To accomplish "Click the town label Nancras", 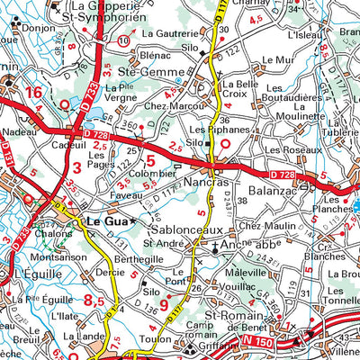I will [x=215, y=181].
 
